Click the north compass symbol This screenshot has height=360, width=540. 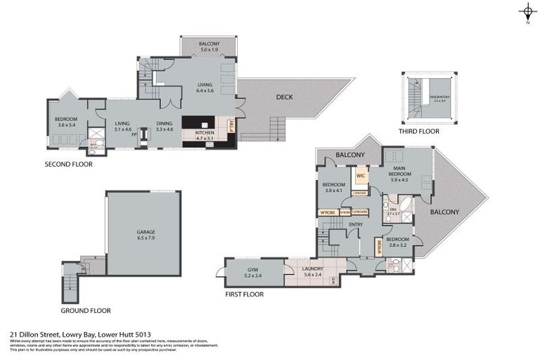[x=527, y=12]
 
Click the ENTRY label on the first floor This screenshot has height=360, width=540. [x=355, y=225]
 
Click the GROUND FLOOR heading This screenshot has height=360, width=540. [x=86, y=310]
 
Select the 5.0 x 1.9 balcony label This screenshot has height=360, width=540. [x=209, y=47]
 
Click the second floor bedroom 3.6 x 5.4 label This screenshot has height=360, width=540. [x=66, y=122]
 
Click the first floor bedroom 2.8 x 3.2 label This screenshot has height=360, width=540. [x=397, y=241]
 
